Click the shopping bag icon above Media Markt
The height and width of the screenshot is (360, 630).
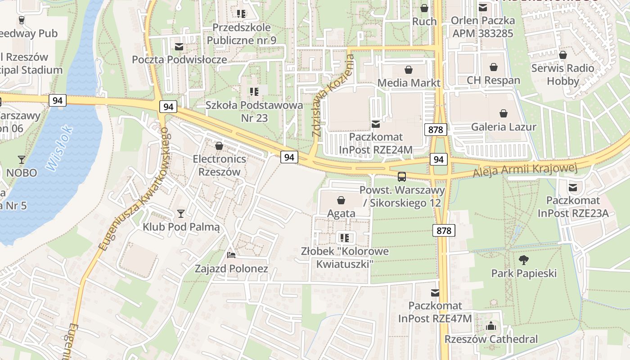pyautogui.click(x=409, y=70)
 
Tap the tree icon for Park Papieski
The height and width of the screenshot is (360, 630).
pyautogui.click(x=524, y=260)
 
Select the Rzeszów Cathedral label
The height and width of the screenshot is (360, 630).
pyautogui.click(x=491, y=339)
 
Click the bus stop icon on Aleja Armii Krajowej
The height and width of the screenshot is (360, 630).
pyautogui.click(x=402, y=176)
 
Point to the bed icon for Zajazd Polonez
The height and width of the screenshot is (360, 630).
pyautogui.click(x=231, y=255)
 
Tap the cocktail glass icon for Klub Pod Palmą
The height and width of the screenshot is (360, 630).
pyautogui.click(x=181, y=213)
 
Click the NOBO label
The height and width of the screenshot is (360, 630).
pyautogui.click(x=21, y=172)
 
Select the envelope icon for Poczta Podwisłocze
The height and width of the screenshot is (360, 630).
pyautogui.click(x=179, y=46)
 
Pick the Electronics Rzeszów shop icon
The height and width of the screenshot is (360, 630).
pyautogui.click(x=219, y=146)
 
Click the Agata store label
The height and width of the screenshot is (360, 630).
pyautogui.click(x=341, y=213)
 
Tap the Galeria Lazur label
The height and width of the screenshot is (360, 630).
pyautogui.click(x=504, y=127)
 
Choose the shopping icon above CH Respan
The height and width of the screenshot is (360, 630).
pyautogui.click(x=494, y=67)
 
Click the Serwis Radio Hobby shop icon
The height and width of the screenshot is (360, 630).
pyautogui.click(x=562, y=55)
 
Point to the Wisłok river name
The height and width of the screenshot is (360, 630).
pyautogui.click(x=59, y=148)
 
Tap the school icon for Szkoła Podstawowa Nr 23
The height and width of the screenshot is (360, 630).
pyautogui.click(x=254, y=92)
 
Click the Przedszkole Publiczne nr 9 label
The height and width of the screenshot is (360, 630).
pyautogui.click(x=241, y=34)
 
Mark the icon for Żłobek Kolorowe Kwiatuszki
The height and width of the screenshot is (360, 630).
pyautogui.click(x=345, y=238)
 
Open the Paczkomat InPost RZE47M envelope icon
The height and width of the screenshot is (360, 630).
pyautogui.click(x=435, y=292)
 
